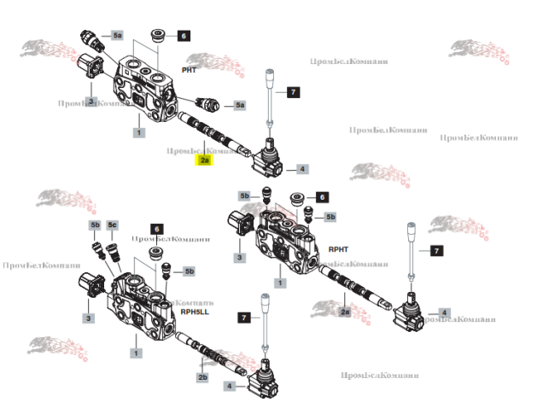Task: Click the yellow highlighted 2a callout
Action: coord(205,160)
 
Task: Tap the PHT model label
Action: coord(190,68)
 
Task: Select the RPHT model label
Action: coord(338,248)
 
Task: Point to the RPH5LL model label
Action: coord(194,312)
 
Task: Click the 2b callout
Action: coord(202,377)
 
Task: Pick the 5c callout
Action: coord(112,225)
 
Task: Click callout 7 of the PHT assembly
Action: coord(293,92)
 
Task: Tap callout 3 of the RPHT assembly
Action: coord(240,258)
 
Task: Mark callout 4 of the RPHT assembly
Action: coord(444,313)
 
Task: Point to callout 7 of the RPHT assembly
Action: coord(435,251)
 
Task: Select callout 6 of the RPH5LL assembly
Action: coord(156,229)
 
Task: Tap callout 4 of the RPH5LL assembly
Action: coord(229,387)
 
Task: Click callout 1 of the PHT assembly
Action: coord(138,132)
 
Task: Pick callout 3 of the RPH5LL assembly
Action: coord(88,319)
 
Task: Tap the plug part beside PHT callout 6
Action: coord(158,37)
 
